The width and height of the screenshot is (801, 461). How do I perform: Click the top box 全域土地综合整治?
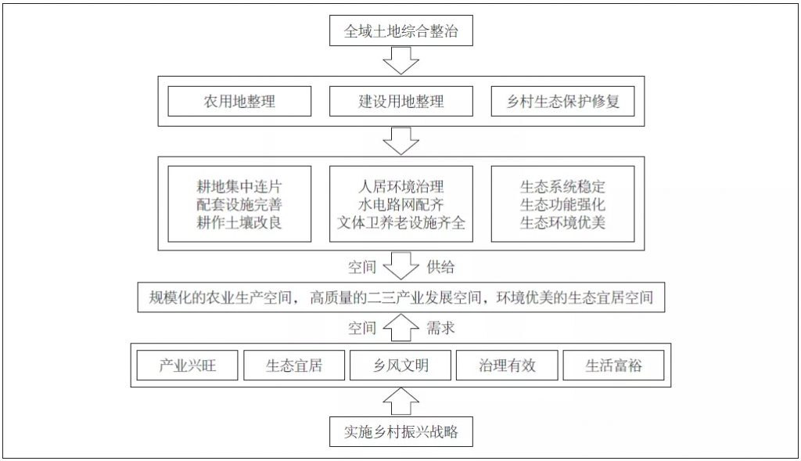401,31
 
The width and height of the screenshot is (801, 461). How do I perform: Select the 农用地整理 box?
239,101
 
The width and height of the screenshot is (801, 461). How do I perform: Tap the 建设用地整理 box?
401,101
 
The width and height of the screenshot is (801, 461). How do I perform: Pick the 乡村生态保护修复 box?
563,101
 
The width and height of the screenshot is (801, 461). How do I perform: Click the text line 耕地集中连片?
239,186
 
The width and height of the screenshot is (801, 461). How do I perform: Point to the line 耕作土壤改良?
239,222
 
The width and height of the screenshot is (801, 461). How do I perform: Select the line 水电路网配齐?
401,204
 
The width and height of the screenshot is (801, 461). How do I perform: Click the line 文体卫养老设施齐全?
401,222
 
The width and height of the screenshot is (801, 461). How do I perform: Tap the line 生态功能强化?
563,204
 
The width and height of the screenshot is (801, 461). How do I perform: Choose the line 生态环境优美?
563,222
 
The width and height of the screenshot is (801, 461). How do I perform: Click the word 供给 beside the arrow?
440,267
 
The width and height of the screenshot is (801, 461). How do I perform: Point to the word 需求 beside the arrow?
440,328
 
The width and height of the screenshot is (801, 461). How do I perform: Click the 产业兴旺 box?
188,365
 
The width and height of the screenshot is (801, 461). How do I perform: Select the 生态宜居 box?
294,365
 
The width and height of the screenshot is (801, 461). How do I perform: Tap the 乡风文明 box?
400,365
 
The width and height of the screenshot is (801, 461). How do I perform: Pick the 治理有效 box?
507,365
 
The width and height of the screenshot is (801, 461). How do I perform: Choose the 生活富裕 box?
613,365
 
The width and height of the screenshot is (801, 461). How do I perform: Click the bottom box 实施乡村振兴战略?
401,432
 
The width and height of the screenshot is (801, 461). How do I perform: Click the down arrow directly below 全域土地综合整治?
401,61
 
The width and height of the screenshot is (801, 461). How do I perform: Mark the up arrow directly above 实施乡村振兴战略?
401,402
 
